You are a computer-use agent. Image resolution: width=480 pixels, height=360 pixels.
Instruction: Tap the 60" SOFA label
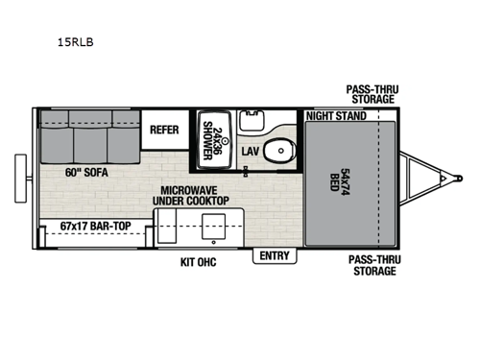click(86, 173)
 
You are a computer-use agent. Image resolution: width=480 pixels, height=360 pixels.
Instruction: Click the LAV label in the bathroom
click(250, 152)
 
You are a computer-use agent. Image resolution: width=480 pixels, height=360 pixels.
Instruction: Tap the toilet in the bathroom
click(279, 153)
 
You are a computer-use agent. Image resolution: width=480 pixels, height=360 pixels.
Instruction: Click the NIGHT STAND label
click(336, 116)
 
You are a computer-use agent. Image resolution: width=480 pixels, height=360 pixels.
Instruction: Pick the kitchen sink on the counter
click(211, 226)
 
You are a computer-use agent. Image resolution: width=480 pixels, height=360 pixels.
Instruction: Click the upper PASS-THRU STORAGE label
click(372, 94)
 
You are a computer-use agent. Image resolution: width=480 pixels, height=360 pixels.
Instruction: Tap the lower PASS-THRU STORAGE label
click(372, 266)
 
